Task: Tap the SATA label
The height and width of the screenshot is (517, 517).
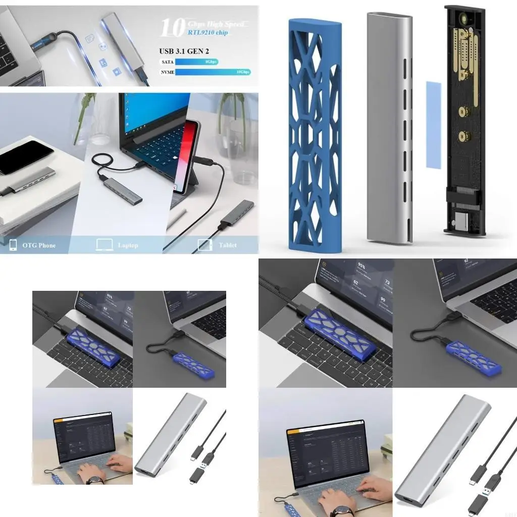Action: [166, 61]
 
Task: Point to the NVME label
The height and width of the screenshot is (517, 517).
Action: [167, 72]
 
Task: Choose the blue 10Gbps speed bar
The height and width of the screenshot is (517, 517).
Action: [213, 72]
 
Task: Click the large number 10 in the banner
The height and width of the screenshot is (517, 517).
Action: [172, 28]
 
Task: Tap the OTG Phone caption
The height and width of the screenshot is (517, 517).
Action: [39, 245]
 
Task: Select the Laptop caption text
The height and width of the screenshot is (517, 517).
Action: [128, 245]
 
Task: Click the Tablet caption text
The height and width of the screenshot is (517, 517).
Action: [228, 245]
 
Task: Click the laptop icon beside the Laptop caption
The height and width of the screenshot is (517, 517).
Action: [104, 245]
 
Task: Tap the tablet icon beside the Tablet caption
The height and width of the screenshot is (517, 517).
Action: [204, 245]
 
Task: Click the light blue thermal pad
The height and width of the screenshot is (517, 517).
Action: [433, 124]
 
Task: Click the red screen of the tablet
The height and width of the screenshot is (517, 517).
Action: [189, 157]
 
